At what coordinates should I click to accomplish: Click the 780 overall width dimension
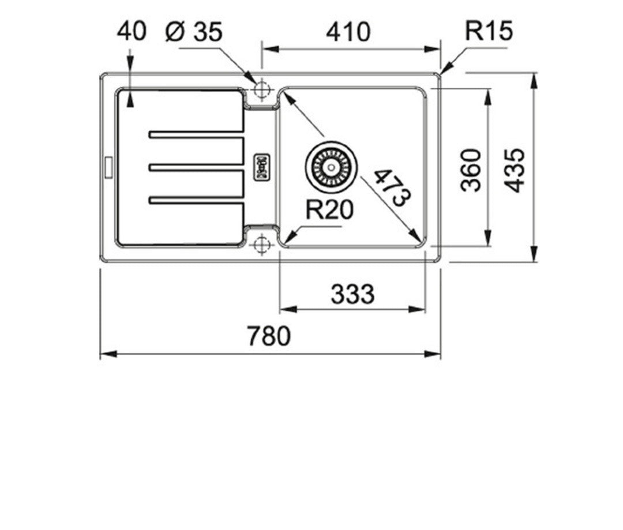(269, 336)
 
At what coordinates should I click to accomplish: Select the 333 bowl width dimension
(352, 294)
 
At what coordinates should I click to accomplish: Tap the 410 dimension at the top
(348, 32)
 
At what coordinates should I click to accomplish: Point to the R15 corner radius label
(489, 31)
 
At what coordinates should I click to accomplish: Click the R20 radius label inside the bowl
(329, 209)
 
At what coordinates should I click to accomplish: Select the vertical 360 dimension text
(471, 170)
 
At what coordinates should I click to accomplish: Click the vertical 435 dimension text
(515, 171)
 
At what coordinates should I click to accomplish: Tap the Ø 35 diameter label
(193, 31)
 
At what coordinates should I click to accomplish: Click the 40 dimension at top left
(132, 31)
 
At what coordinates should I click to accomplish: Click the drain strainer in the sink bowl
(331, 167)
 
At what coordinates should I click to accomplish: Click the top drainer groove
(196, 134)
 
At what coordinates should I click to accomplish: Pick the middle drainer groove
(196, 167)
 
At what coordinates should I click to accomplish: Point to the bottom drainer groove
(196, 200)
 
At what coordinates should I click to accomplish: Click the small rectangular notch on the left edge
(108, 167)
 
